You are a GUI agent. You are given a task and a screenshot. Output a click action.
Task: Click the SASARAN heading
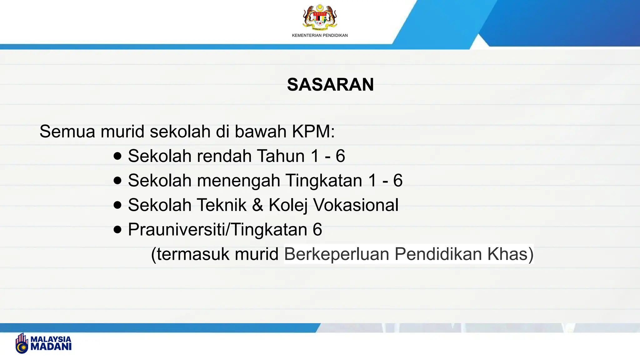(x=330, y=84)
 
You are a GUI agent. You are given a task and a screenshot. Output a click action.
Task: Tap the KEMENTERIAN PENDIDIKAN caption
(x=320, y=35)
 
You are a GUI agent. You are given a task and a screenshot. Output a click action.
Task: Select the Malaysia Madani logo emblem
(x=22, y=343)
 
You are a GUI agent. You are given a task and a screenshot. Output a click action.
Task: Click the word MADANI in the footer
(x=51, y=347)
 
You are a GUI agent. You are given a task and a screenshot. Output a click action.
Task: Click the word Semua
(x=67, y=131)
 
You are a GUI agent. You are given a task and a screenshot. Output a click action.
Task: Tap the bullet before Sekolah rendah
(x=117, y=156)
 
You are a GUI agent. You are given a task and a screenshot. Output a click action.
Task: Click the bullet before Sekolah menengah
(x=117, y=180)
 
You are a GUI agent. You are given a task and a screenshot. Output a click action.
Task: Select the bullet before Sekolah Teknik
(x=117, y=205)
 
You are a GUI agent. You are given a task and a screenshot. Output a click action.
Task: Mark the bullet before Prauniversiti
(x=117, y=230)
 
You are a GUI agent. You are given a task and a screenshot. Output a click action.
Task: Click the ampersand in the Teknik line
(x=257, y=205)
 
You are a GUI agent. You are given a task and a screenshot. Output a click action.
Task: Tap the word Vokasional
(x=356, y=205)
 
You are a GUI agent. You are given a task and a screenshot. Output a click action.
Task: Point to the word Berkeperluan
(x=336, y=254)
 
